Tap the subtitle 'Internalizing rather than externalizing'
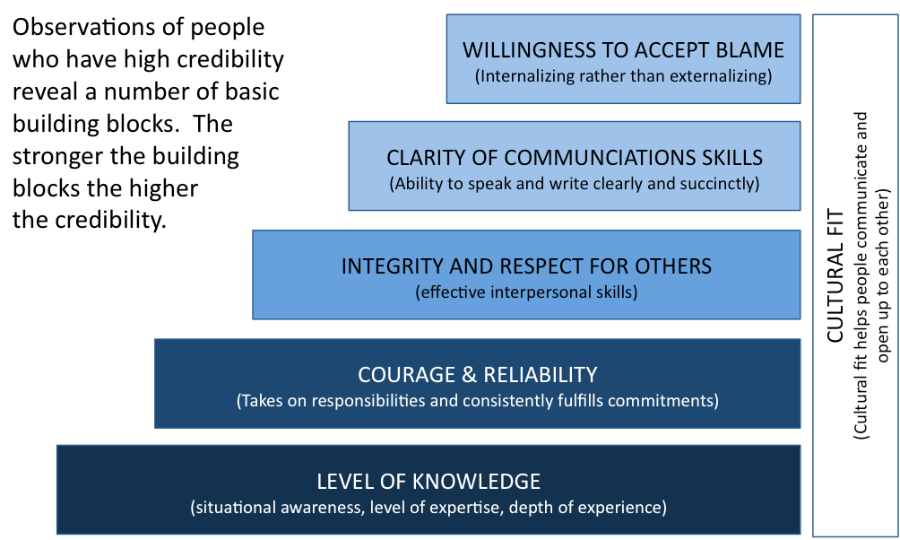pos(623,76)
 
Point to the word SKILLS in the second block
pos(733,159)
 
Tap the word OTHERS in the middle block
pos(678,266)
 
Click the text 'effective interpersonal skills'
pos(526,292)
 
